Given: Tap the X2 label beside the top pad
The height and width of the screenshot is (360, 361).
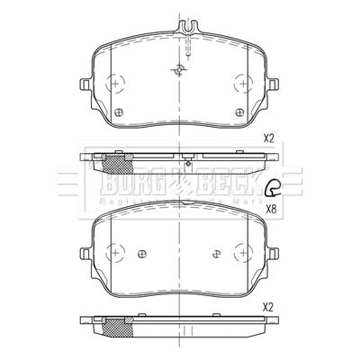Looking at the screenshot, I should coord(268,138).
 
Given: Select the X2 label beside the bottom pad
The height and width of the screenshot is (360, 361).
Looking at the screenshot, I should coord(268,306).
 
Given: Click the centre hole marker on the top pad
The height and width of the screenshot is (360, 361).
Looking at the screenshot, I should coord(178,72).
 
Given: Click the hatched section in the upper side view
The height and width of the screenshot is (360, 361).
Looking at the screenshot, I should coord(113,164).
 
